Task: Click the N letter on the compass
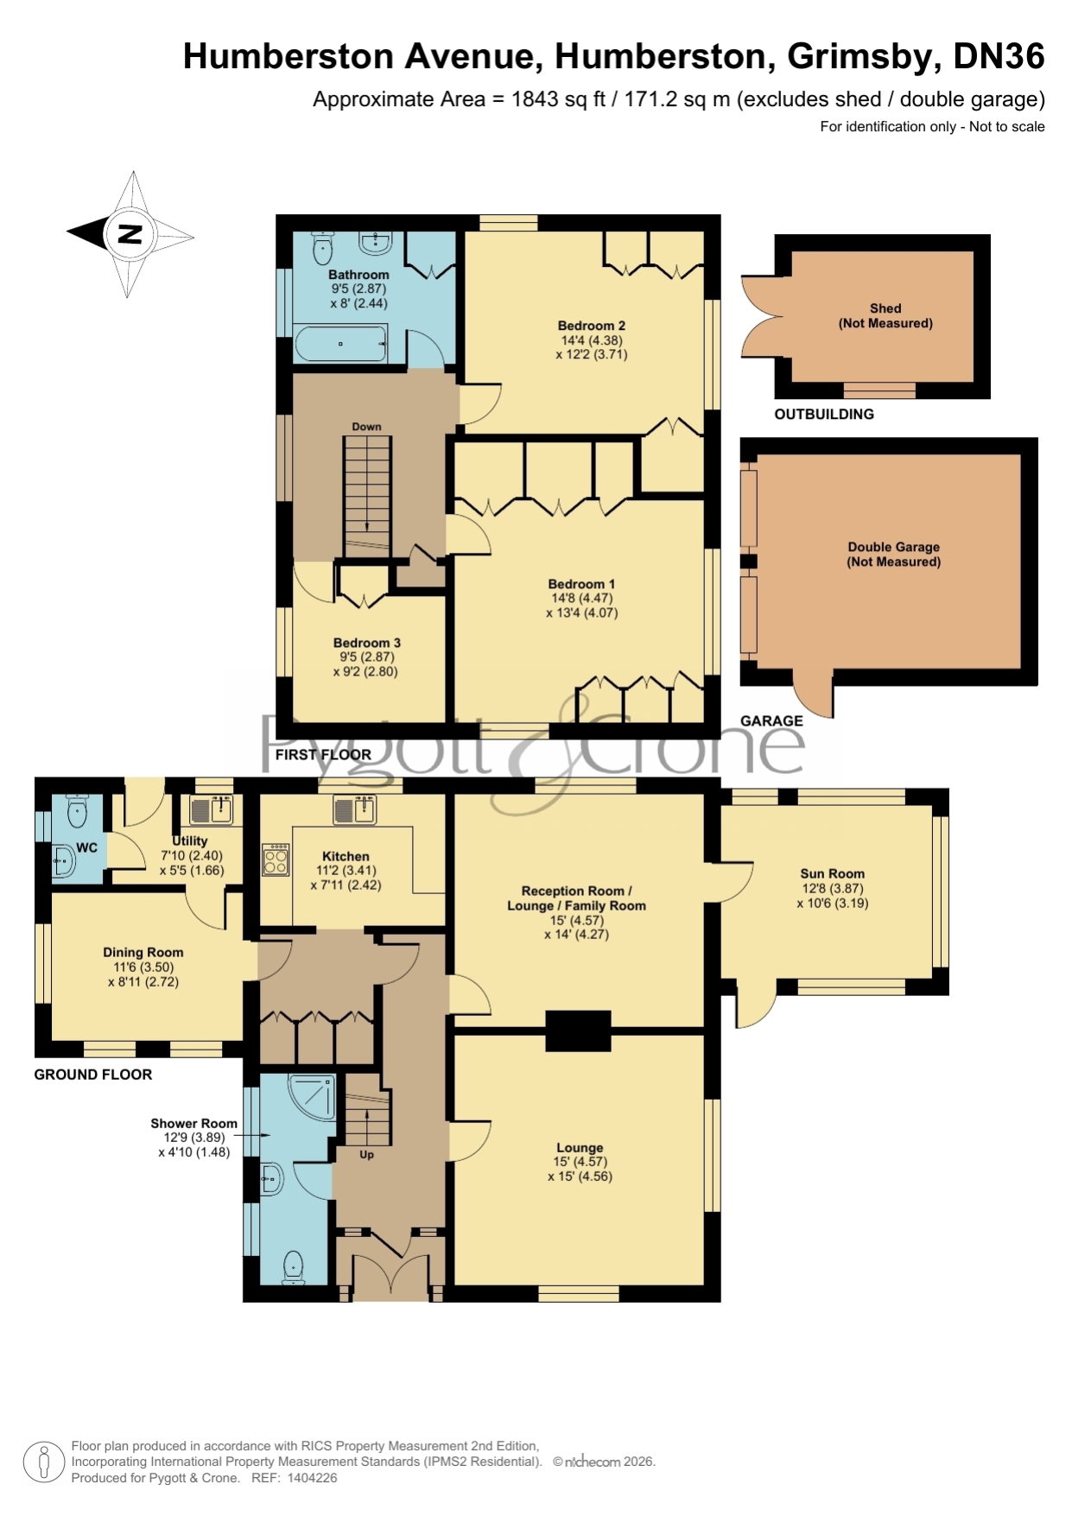coord(130,234)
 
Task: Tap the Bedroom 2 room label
coord(592,326)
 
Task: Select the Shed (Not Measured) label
coord(885,316)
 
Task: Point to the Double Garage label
coord(894,547)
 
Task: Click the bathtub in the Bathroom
coord(341,344)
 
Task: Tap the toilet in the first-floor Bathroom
coord(323,248)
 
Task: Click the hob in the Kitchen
coord(276,859)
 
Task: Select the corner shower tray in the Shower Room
coord(311,1097)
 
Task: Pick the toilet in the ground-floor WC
coord(78,810)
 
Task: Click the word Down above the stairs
coord(366,427)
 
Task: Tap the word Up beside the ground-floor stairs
coord(366,1155)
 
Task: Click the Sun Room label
coord(832,873)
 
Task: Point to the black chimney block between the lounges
coord(579,1031)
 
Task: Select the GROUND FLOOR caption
coord(93,1075)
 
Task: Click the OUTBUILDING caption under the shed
coord(824,415)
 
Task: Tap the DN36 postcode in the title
coord(999,57)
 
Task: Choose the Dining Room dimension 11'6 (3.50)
coord(143,967)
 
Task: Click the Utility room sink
coord(212,809)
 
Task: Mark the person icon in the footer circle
coord(42,1462)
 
